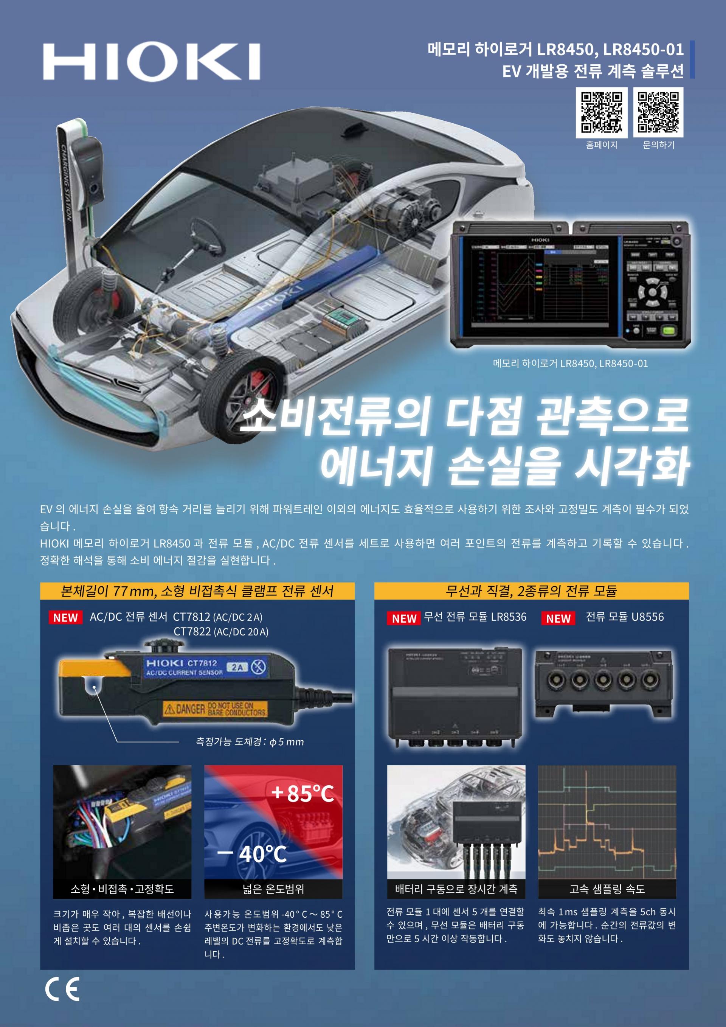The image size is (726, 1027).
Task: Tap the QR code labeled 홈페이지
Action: pyautogui.click(x=601, y=112)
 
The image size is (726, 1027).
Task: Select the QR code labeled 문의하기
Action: pyautogui.click(x=658, y=112)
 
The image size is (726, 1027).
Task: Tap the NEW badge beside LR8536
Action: pyautogui.click(x=404, y=618)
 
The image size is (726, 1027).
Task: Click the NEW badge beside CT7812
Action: pyautogui.click(x=65, y=618)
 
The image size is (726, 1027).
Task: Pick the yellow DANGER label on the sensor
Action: pyautogui.click(x=216, y=709)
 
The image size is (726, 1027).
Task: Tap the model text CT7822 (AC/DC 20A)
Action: pyautogui.click(x=221, y=632)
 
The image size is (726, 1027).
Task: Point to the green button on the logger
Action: pyautogui.click(x=668, y=331)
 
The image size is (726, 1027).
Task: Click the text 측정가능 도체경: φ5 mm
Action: pyautogui.click(x=250, y=742)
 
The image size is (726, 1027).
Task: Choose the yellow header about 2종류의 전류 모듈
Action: pyautogui.click(x=531, y=591)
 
